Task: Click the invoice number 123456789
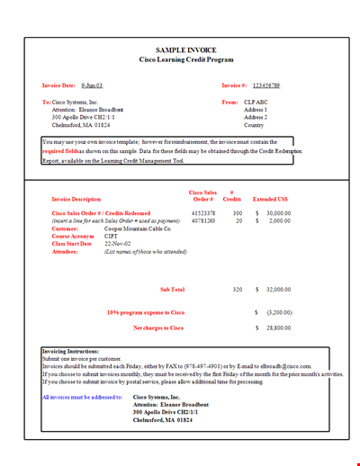pyautogui.click(x=267, y=85)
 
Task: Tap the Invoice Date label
pyautogui.click(x=59, y=85)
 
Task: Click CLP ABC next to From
pyautogui.click(x=256, y=103)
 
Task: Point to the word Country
pyautogui.click(x=255, y=125)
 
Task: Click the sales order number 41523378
pyautogui.click(x=203, y=213)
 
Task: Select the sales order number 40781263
pyautogui.click(x=203, y=220)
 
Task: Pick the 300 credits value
pyautogui.click(x=238, y=213)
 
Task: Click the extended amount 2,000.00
pyautogui.click(x=279, y=220)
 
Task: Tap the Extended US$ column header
pyautogui.click(x=271, y=198)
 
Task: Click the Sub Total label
pyautogui.click(x=171, y=290)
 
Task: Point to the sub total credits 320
pyautogui.click(x=238, y=290)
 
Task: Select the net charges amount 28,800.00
pyautogui.click(x=279, y=328)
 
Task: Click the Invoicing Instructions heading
pyautogui.click(x=71, y=350)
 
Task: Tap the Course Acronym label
pyautogui.click(x=72, y=237)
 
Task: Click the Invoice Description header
pyautogui.click(x=76, y=198)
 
